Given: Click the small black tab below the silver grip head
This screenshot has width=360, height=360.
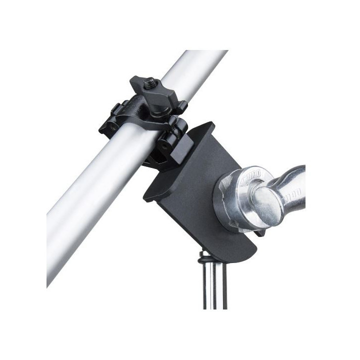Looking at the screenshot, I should pyautogui.click(x=258, y=232).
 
